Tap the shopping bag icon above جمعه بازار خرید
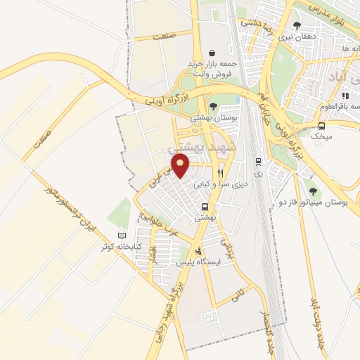click(x=212, y=53)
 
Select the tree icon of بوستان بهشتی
click(x=213, y=106)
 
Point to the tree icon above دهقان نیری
click(x=287, y=26)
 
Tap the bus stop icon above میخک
click(x=321, y=126)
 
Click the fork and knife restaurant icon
click(x=220, y=172)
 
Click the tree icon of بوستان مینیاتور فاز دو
click(x=312, y=191)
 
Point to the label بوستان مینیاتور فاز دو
click(x=323, y=202)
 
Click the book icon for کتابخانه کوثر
click(x=122, y=236)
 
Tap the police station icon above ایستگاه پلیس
click(x=199, y=250)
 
